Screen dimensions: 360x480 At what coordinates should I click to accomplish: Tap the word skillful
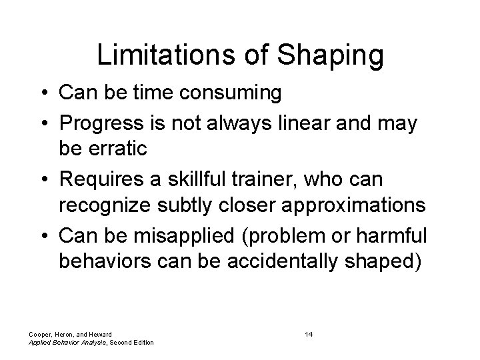[202, 181]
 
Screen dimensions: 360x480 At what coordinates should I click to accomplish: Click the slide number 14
[309, 333]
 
